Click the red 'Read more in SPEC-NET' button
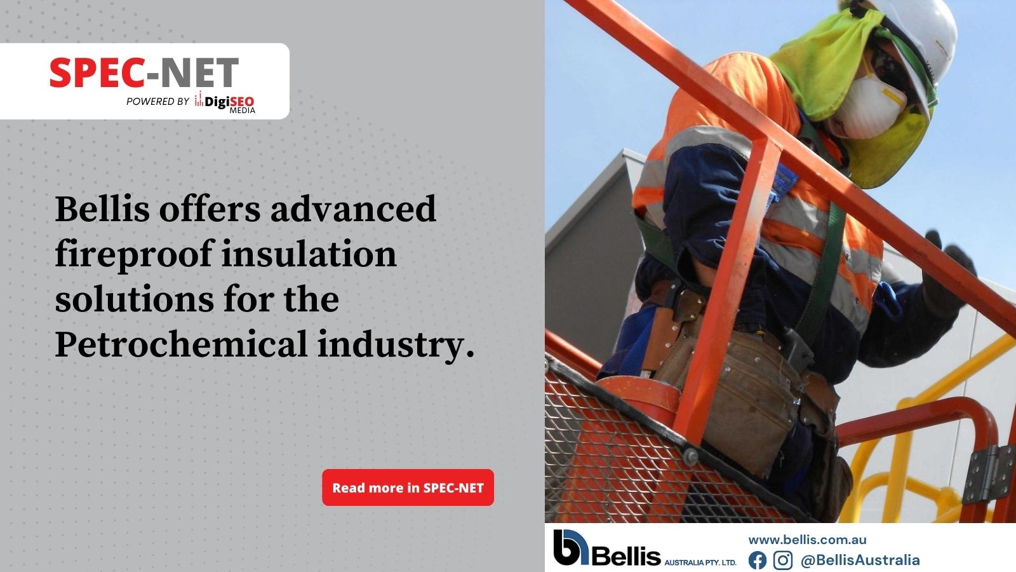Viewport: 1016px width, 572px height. pos(408,487)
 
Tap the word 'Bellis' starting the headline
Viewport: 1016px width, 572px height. pos(102,209)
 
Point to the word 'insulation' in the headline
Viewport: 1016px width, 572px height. pos(309,254)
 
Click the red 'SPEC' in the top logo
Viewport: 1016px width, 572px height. pos(97,72)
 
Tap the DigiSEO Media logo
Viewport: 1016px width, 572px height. pos(225,102)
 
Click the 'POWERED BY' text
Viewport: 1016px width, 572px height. pos(157,101)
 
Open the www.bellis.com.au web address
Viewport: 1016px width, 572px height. pos(807,540)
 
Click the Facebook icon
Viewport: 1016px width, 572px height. pos(757,560)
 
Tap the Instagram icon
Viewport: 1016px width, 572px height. pos(782,560)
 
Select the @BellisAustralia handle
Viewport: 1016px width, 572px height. pos(860,560)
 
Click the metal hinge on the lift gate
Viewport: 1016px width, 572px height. pos(989,474)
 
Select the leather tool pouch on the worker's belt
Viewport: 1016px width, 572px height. pos(744,400)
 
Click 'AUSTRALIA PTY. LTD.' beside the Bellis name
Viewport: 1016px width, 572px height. pos(700,562)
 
